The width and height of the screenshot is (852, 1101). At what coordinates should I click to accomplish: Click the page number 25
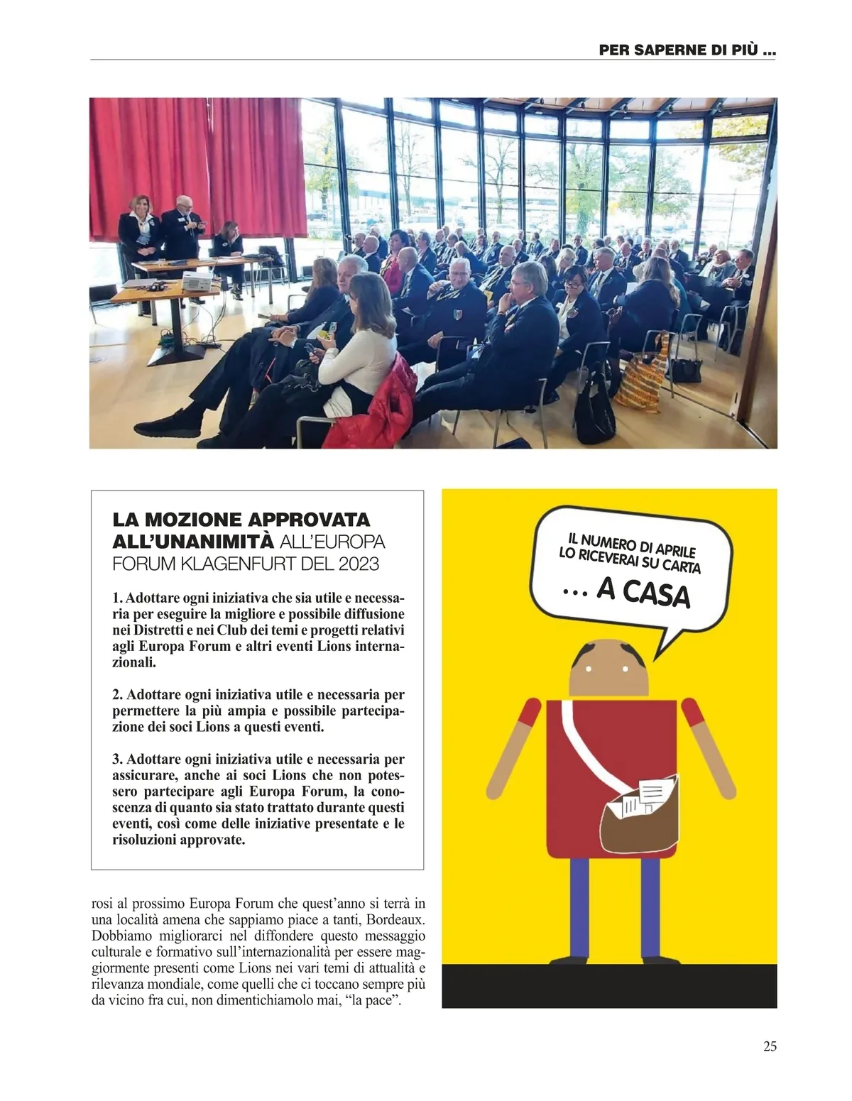[x=770, y=1046]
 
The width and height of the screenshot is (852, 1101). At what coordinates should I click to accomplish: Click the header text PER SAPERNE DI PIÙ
[x=687, y=50]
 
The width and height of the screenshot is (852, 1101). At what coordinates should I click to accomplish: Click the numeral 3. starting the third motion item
[x=118, y=760]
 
